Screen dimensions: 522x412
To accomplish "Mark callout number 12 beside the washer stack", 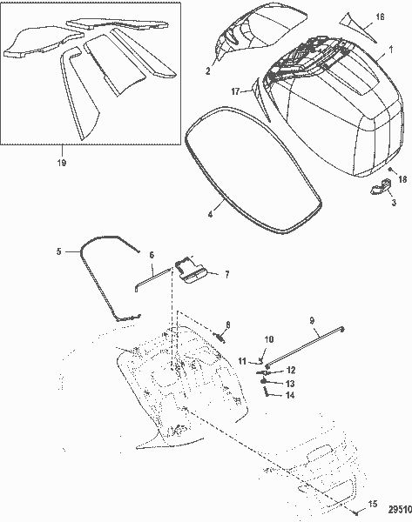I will (291, 370).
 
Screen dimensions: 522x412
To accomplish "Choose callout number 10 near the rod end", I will (268, 339).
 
